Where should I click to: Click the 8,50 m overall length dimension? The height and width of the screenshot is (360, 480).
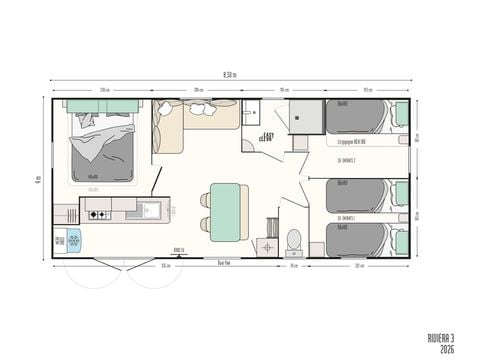(x=230, y=74)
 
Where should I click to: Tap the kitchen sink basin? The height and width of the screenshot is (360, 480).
(x=150, y=210)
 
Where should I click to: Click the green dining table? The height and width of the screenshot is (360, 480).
(x=226, y=210)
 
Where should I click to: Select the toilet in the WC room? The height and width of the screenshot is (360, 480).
(x=294, y=240)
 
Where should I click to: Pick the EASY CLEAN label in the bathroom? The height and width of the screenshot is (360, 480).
(x=268, y=137)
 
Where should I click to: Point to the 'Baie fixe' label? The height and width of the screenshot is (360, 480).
(x=225, y=262)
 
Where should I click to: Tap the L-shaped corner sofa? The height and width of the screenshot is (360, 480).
(x=190, y=123)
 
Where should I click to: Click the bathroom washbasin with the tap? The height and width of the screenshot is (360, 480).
(x=251, y=113)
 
